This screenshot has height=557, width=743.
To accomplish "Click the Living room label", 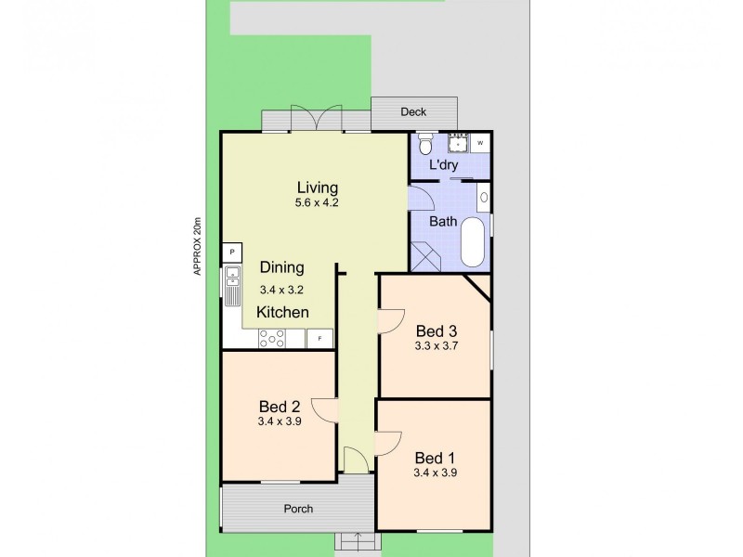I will (317, 187).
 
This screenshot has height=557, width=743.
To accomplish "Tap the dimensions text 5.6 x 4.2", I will (317, 202).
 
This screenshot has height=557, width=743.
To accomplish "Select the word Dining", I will (281, 267).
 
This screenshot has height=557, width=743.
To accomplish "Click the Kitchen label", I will (282, 313).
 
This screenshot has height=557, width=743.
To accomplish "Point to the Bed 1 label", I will (435, 457).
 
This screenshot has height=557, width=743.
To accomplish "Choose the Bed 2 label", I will (279, 406).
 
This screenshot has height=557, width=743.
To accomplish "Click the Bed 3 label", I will (437, 330).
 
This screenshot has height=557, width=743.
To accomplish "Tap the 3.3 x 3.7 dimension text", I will (437, 346).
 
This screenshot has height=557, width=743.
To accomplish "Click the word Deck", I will (413, 112).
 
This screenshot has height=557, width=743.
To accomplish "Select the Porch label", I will (298, 509).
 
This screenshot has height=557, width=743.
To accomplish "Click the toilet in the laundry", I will (425, 144).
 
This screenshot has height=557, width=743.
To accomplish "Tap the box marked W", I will (480, 143).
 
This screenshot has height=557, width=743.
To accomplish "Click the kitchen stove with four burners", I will (271, 340).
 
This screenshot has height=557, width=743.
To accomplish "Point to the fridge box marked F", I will (319, 340).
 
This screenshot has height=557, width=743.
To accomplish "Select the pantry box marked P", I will (231, 252).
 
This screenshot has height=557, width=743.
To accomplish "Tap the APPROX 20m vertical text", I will (197, 247).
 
